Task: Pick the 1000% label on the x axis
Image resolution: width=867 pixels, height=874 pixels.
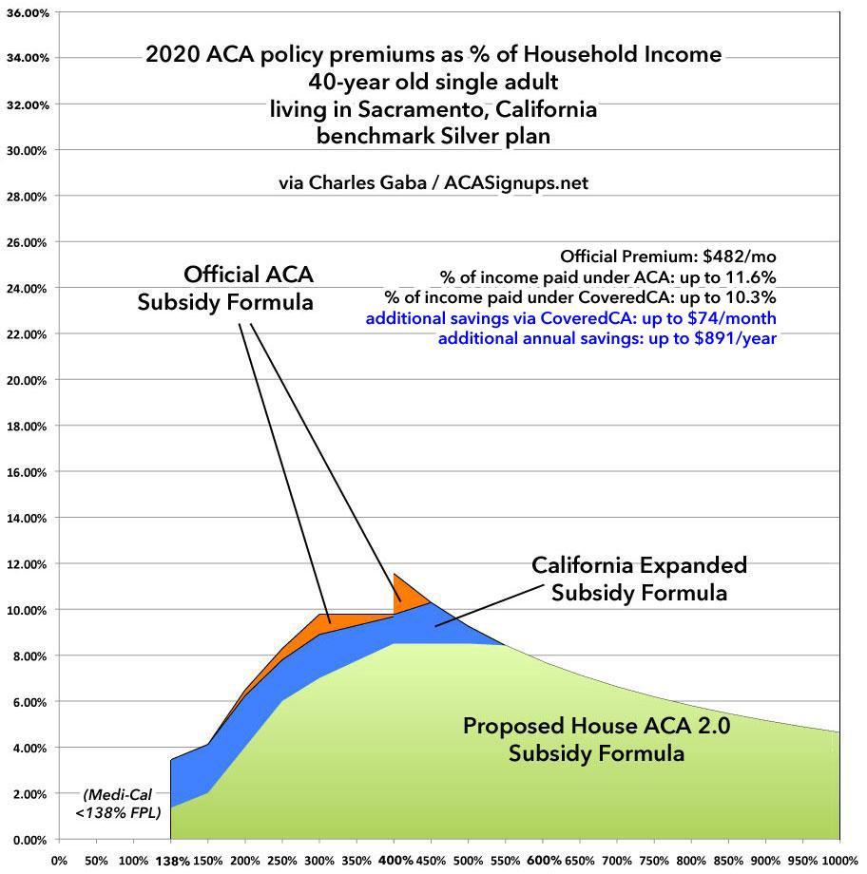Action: tap(840, 860)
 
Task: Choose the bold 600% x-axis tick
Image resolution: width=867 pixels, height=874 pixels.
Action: tap(543, 860)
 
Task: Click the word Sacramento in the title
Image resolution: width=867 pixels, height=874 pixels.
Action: tap(405, 109)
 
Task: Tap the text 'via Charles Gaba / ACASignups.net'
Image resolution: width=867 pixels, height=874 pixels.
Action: tap(433, 182)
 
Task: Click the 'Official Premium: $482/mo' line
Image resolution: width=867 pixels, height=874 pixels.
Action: tap(668, 256)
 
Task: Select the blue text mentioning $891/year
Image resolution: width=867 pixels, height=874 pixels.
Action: tap(607, 338)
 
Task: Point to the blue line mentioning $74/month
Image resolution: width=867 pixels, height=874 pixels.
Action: tap(570, 318)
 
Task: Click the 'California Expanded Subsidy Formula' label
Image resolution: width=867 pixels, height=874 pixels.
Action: tap(639, 579)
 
